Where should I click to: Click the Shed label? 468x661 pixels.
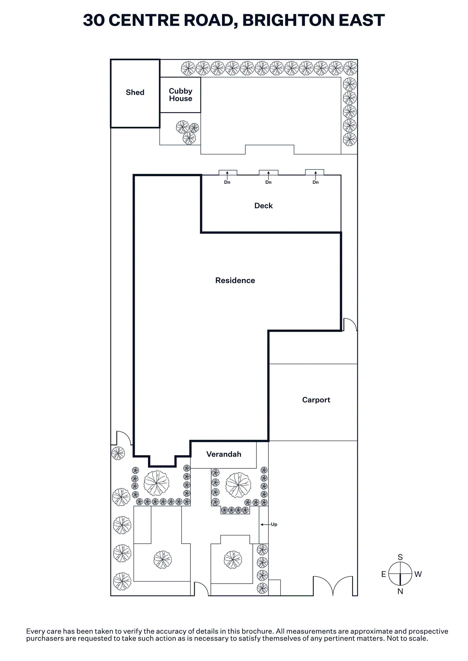(135, 92)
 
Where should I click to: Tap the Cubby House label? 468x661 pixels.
(180, 95)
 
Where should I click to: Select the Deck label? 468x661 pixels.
(263, 206)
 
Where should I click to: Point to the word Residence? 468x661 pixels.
(235, 280)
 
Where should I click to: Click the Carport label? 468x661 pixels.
(316, 400)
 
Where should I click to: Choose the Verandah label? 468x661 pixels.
(224, 454)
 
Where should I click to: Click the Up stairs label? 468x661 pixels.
(274, 524)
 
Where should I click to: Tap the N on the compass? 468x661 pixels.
(400, 591)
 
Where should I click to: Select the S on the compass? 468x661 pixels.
(400, 557)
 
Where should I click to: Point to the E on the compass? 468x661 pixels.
(383, 574)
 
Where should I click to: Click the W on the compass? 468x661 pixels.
(418, 574)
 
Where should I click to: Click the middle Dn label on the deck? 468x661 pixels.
(268, 182)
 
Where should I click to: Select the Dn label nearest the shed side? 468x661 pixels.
(227, 182)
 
